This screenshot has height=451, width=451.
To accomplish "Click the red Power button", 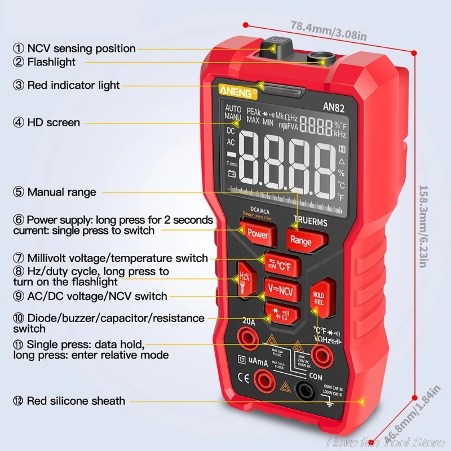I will coord(258,233).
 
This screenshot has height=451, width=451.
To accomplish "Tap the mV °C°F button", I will coord(282,263).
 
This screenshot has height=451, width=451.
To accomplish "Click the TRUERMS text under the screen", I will coord(310,222).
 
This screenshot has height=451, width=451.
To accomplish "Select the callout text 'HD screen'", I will coord(54,122).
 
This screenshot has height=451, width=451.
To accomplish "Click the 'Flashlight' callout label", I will coord(51,62).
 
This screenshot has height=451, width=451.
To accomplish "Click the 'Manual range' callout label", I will coord(61,192).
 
